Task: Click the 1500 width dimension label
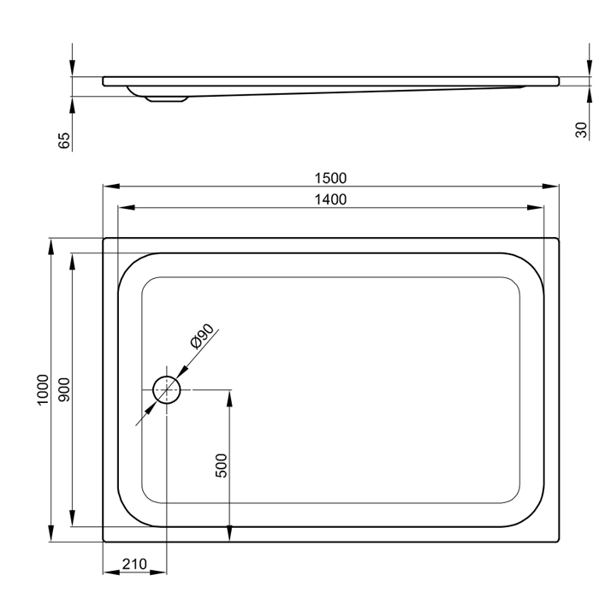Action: tap(330, 178)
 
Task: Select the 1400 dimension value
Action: tap(330, 199)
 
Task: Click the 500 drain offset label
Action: tap(221, 465)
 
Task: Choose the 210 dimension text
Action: tap(134, 564)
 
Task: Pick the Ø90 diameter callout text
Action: tap(205, 338)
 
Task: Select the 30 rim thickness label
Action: tap(581, 128)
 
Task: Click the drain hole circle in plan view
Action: tap(167, 391)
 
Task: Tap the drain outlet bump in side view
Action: tap(168, 98)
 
